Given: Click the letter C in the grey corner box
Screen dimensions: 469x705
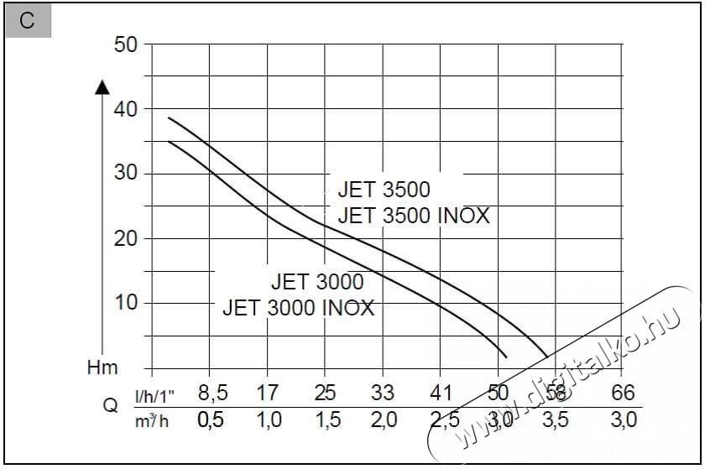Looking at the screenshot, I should coord(28,22).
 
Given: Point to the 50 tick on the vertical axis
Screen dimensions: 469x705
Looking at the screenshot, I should coord(126,44).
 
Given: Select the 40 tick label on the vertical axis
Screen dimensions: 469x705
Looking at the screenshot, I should coord(126,109).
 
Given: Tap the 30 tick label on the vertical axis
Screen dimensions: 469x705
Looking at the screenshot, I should coord(126,174).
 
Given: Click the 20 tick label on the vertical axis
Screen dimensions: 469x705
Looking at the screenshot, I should coord(126,238).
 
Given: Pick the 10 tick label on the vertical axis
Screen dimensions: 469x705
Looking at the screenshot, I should coord(126,303).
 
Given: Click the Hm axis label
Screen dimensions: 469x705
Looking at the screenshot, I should coord(102,367).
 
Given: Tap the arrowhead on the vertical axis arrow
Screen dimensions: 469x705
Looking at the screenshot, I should coord(102,86).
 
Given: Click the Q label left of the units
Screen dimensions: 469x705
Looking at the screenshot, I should coord(109,406).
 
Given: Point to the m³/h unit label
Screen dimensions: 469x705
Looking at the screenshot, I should coord(152,419).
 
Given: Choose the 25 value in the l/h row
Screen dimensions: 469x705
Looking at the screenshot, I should coord(325,393).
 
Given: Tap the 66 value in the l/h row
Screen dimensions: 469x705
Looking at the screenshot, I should coord(624,393).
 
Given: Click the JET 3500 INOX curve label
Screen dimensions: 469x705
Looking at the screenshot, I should coord(413,216).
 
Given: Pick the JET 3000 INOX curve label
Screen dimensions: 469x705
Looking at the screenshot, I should coord(298,307).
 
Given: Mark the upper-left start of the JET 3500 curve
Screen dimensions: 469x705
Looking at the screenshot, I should coord(170,118).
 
